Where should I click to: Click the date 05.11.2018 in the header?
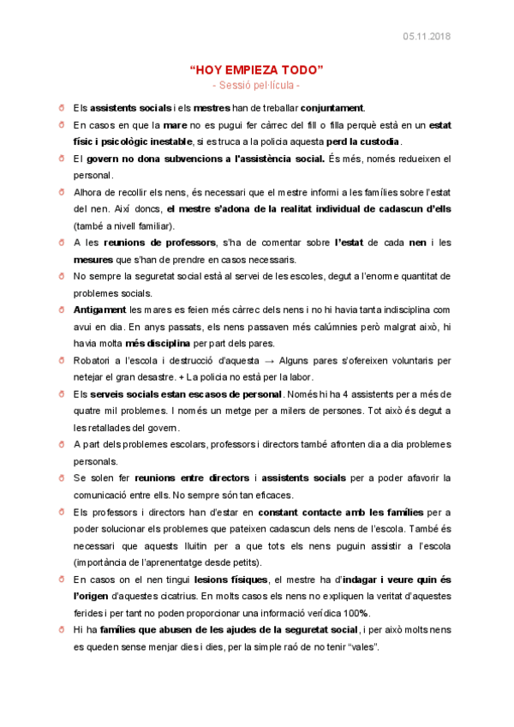click(x=427, y=36)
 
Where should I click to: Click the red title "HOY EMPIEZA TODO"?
click(x=256, y=70)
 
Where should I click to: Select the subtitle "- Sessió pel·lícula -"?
click(x=256, y=86)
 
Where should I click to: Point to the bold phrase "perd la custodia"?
click(x=363, y=141)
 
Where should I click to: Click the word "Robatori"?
click(x=92, y=361)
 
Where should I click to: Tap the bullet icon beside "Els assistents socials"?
click(x=63, y=108)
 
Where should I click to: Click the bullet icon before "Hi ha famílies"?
click(x=63, y=629)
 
